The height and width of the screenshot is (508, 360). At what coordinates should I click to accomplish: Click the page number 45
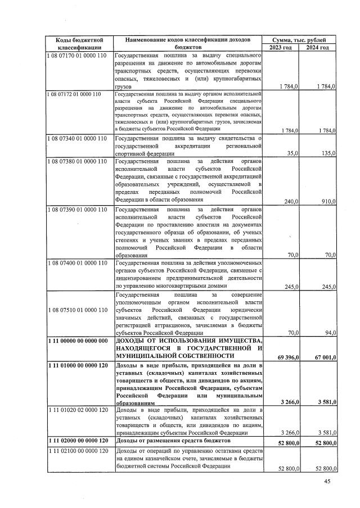327,482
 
